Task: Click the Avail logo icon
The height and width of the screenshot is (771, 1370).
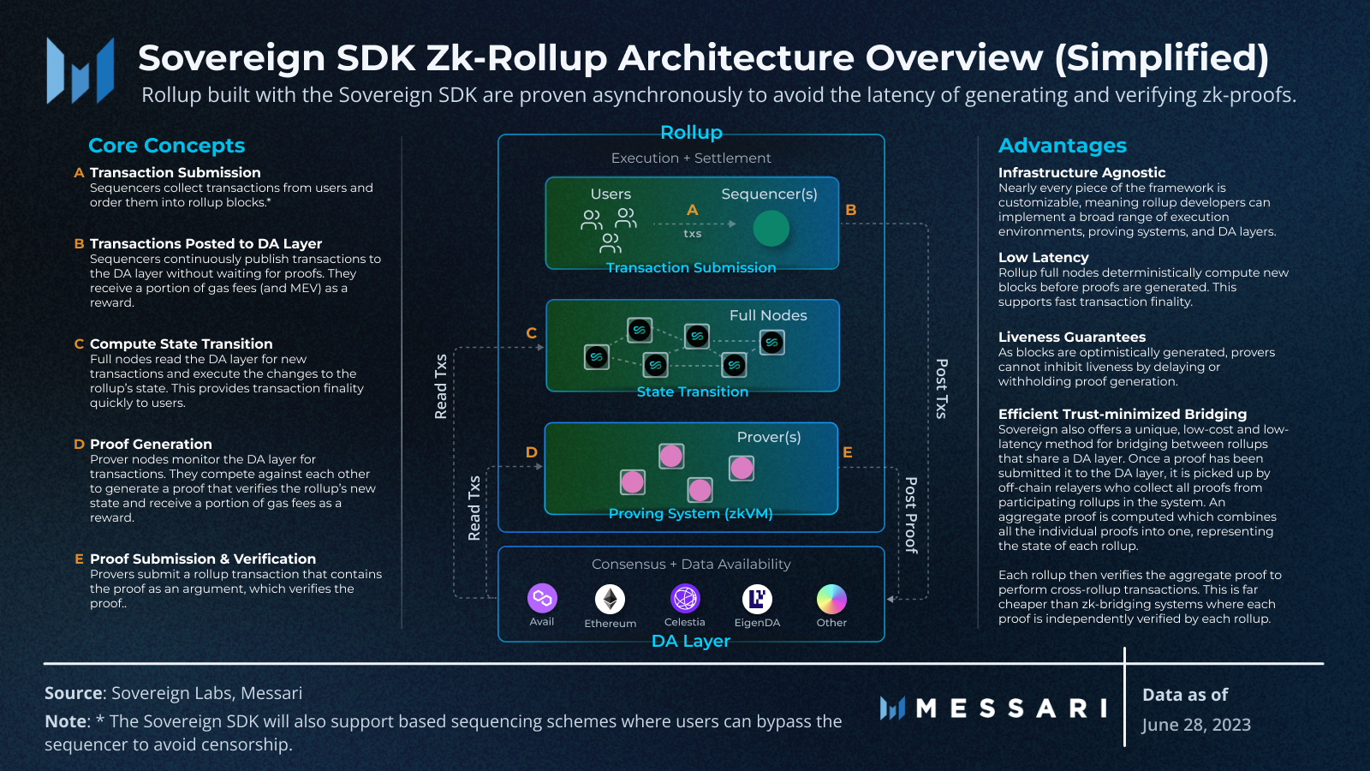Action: tap(542, 598)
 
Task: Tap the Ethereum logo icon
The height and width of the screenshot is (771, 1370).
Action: tap(611, 599)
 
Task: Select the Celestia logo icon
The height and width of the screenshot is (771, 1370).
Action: tap(685, 598)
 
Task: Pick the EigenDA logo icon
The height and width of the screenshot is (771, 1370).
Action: tap(757, 599)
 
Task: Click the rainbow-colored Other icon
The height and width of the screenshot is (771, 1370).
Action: tap(831, 599)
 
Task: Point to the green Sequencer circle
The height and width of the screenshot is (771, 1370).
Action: tap(771, 229)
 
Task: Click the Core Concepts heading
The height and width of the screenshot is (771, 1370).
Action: tap(166, 146)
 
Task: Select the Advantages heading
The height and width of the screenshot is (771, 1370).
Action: tap(1062, 146)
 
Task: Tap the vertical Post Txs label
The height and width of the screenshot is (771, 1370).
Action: tap(941, 388)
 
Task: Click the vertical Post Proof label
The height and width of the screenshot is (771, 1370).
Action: tap(911, 515)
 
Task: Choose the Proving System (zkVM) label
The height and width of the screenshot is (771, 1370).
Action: tap(690, 514)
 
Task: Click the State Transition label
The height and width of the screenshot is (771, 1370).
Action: tap(692, 391)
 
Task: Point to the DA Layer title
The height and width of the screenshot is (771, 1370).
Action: tap(690, 641)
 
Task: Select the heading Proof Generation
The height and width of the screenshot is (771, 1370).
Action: tap(151, 444)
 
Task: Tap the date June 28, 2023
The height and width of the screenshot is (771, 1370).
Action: tap(1195, 725)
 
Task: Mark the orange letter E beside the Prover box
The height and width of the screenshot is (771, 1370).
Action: tap(847, 452)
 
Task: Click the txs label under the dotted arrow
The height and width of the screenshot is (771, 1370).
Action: tap(692, 234)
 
